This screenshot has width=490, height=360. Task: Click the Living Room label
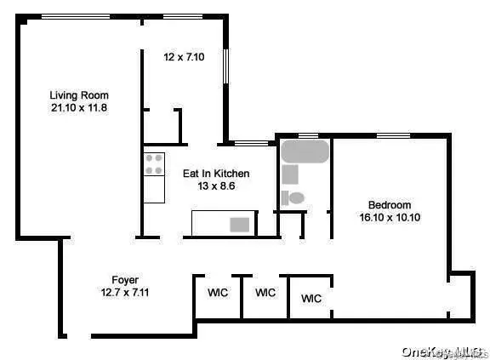pyautogui.click(x=78, y=94)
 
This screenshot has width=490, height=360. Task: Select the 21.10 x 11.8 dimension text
pyautogui.click(x=78, y=108)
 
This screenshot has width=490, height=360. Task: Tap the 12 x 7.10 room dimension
pyautogui.click(x=185, y=57)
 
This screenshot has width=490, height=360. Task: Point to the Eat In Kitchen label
pyautogui.click(x=216, y=173)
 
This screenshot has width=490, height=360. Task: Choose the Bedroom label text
pyautogui.click(x=390, y=204)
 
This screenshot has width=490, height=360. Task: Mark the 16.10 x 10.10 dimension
pyautogui.click(x=390, y=217)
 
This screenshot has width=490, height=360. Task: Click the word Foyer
pyautogui.click(x=125, y=279)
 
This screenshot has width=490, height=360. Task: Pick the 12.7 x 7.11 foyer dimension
pyautogui.click(x=125, y=292)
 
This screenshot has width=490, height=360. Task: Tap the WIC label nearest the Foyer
pyautogui.click(x=218, y=293)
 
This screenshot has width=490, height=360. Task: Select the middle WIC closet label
pyautogui.click(x=265, y=293)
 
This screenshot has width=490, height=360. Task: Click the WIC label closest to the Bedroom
pyautogui.click(x=311, y=299)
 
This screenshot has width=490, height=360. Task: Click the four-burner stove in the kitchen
pyautogui.click(x=154, y=163)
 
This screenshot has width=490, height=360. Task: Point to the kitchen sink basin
pyautogui.click(x=240, y=225)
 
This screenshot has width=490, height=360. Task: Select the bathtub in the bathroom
pyautogui.click(x=305, y=152)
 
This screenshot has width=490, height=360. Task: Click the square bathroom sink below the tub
pyautogui.click(x=290, y=175)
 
